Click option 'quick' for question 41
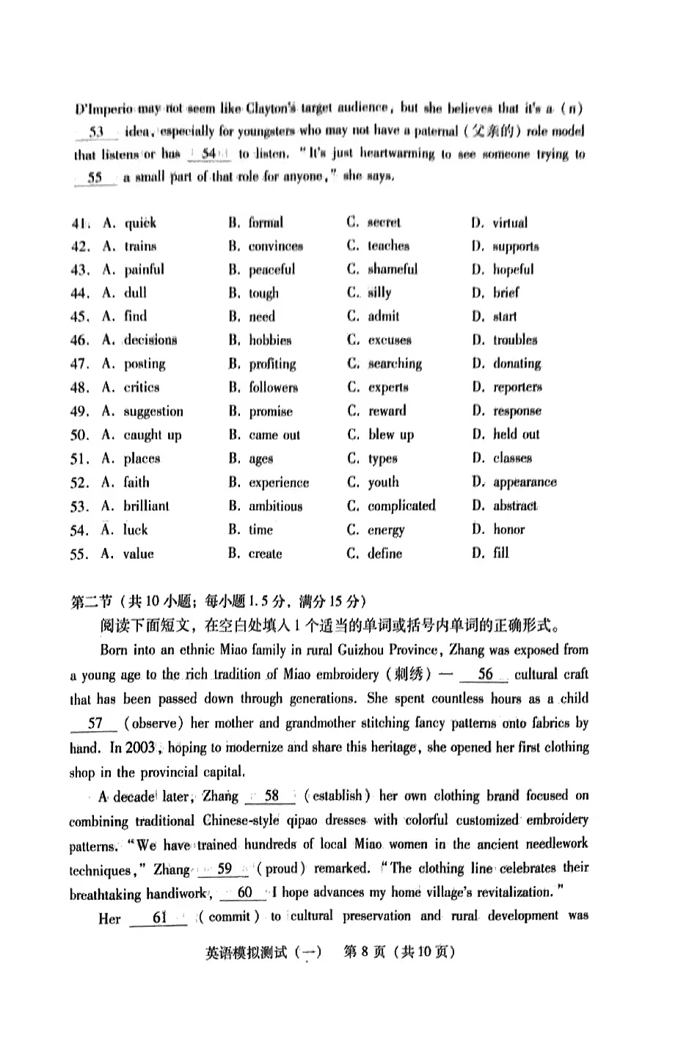click(x=140, y=223)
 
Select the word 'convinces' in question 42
click(x=275, y=246)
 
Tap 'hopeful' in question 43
click(x=513, y=269)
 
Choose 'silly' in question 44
click(x=379, y=293)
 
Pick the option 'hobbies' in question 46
click(x=270, y=340)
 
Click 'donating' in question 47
click(x=517, y=364)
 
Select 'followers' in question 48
click(x=273, y=387)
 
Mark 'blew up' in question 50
click(x=390, y=435)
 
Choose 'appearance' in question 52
click(x=525, y=483)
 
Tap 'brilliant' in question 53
click(x=146, y=506)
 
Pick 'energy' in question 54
click(x=386, y=530)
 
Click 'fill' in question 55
click(x=501, y=553)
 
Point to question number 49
click(x=79, y=411)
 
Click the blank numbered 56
click(x=485, y=675)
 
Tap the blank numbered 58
click(x=271, y=796)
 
